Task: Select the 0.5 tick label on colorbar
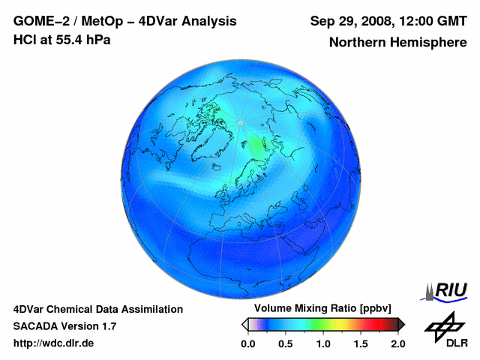pos(285,343)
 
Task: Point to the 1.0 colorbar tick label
pos(322,343)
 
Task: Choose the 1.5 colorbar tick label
pos(360,343)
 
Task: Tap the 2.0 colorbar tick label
pos(397,343)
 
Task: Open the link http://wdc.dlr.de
pos(53,343)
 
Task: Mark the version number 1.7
pos(106,326)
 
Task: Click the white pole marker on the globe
pos(240,122)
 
